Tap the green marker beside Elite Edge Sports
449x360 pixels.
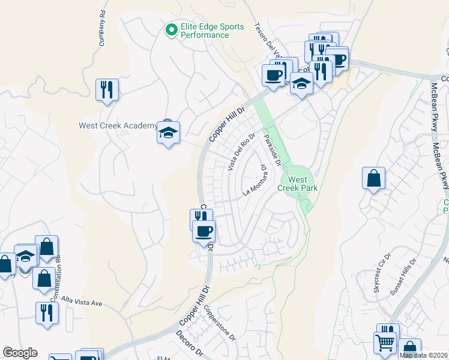[x=171, y=28]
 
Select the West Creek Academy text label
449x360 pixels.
[x=116, y=125]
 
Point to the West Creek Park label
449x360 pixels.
[x=297, y=184]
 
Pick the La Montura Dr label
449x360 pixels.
[x=254, y=181]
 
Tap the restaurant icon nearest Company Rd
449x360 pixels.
[x=107, y=90]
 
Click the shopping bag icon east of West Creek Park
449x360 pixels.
[x=373, y=178]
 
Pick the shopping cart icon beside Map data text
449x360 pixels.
[x=385, y=344]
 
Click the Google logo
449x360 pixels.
[x=20, y=353]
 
